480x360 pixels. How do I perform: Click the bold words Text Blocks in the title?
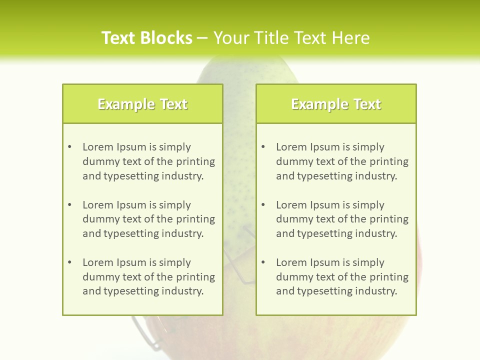click(147, 38)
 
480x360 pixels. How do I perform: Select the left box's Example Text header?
click(142, 104)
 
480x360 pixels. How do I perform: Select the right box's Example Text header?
click(336, 104)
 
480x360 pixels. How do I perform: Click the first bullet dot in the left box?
click(69, 147)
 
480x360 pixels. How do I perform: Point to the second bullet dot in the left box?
click(69, 205)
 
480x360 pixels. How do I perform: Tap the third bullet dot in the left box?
click(69, 262)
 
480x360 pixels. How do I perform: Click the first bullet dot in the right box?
click(263, 147)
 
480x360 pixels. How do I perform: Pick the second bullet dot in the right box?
click(263, 205)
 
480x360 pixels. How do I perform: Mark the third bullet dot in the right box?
click(263, 262)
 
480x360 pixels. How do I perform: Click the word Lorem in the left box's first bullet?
click(98, 147)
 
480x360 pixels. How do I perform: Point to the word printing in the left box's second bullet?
click(196, 219)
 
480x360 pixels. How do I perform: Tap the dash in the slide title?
click(202, 38)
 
